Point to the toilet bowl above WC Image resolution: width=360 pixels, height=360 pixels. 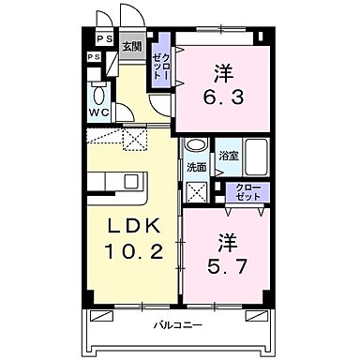point(98,94)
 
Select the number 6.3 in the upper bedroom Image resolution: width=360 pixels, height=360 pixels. point(222,95)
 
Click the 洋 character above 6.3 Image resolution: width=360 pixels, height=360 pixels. point(222,71)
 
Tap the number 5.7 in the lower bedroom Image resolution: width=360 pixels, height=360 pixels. point(226,265)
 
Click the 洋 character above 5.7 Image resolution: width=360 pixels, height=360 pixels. point(226,240)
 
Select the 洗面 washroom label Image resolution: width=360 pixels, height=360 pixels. point(196,168)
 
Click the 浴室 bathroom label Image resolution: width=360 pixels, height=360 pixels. point(227,157)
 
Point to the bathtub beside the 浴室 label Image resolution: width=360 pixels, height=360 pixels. point(256,157)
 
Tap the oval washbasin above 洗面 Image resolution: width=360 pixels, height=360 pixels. point(195,146)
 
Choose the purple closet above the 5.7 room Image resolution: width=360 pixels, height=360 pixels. point(248,192)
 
